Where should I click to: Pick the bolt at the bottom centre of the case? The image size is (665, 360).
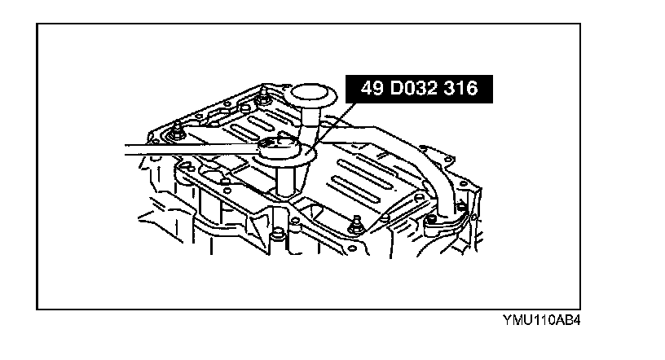click(280, 235)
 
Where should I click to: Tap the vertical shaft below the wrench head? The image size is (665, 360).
click(284, 179)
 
